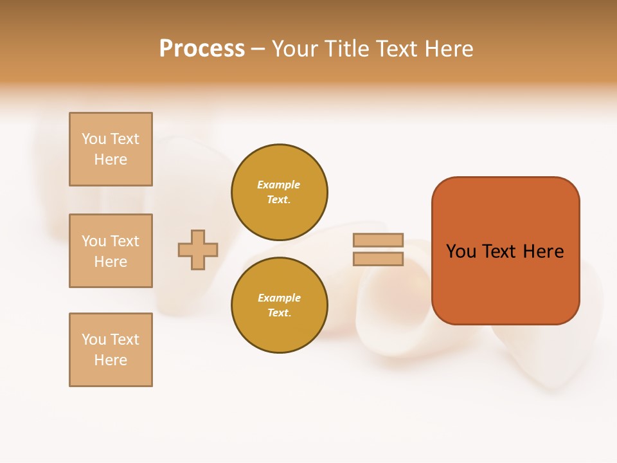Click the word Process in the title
[x=202, y=49]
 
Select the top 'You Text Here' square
[x=111, y=149]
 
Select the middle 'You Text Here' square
[x=111, y=251]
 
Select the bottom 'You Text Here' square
[x=111, y=350]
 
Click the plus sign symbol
[x=198, y=250]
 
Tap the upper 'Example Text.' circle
[x=280, y=192]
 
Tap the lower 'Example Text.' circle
[x=280, y=305]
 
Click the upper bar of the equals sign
[x=379, y=240]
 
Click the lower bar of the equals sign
[x=379, y=259]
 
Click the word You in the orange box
[x=461, y=251]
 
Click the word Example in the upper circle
[x=279, y=185]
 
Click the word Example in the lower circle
[x=279, y=298]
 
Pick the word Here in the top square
[x=111, y=159]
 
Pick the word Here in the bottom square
[x=111, y=360]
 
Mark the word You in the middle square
[x=94, y=241]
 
